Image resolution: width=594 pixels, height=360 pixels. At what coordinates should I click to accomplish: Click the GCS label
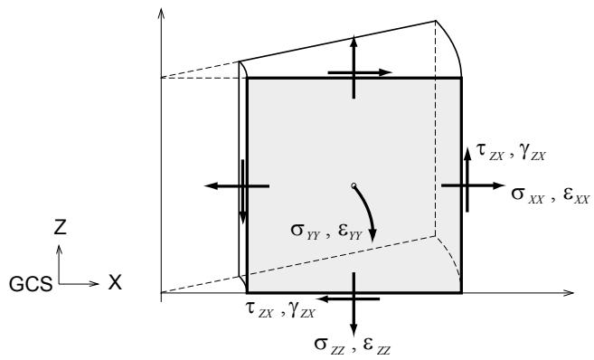coord(31,284)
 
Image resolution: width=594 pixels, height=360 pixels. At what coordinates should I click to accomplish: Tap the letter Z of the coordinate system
coord(60,227)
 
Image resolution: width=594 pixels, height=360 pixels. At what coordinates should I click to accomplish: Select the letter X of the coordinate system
coord(115,283)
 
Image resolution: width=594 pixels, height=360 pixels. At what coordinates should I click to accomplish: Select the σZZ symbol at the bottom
coord(329,346)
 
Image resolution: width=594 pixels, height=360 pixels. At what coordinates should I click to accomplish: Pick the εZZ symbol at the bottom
coord(376,346)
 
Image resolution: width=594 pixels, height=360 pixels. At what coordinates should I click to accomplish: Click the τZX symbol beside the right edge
coord(490,152)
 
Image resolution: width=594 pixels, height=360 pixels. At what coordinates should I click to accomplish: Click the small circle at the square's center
coord(354,185)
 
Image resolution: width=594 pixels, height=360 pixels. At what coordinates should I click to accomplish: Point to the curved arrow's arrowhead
coord(372,235)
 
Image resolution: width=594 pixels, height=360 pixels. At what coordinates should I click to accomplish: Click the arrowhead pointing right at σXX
coord(498,185)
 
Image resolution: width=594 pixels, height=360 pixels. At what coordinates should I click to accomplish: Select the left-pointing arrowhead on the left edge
coord(211,185)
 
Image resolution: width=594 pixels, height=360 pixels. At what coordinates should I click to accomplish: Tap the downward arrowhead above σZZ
coord(354,330)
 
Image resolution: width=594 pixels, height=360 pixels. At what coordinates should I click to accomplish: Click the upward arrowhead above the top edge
coord(354,43)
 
